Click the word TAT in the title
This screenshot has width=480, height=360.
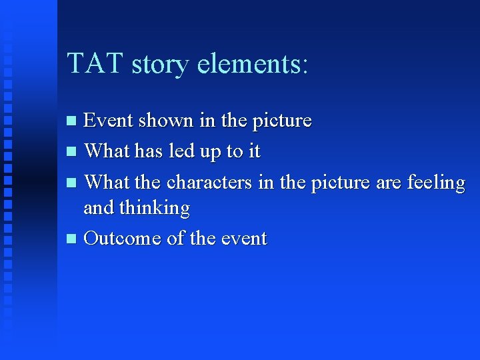coord(95,63)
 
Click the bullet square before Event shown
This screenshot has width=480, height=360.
coord(73,121)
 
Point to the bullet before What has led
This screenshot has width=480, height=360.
coord(73,152)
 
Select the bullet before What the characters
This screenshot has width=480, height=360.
coord(73,182)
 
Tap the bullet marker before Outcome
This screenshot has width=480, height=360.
coord(73,239)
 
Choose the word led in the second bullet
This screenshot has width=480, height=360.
coord(181,151)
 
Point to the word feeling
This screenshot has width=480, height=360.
coord(435,181)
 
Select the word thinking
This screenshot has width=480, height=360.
coord(154,208)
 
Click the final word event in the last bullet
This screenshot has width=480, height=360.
coord(243,238)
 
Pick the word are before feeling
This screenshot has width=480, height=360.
coord(387,181)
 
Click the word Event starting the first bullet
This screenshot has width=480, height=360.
coord(107,121)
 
